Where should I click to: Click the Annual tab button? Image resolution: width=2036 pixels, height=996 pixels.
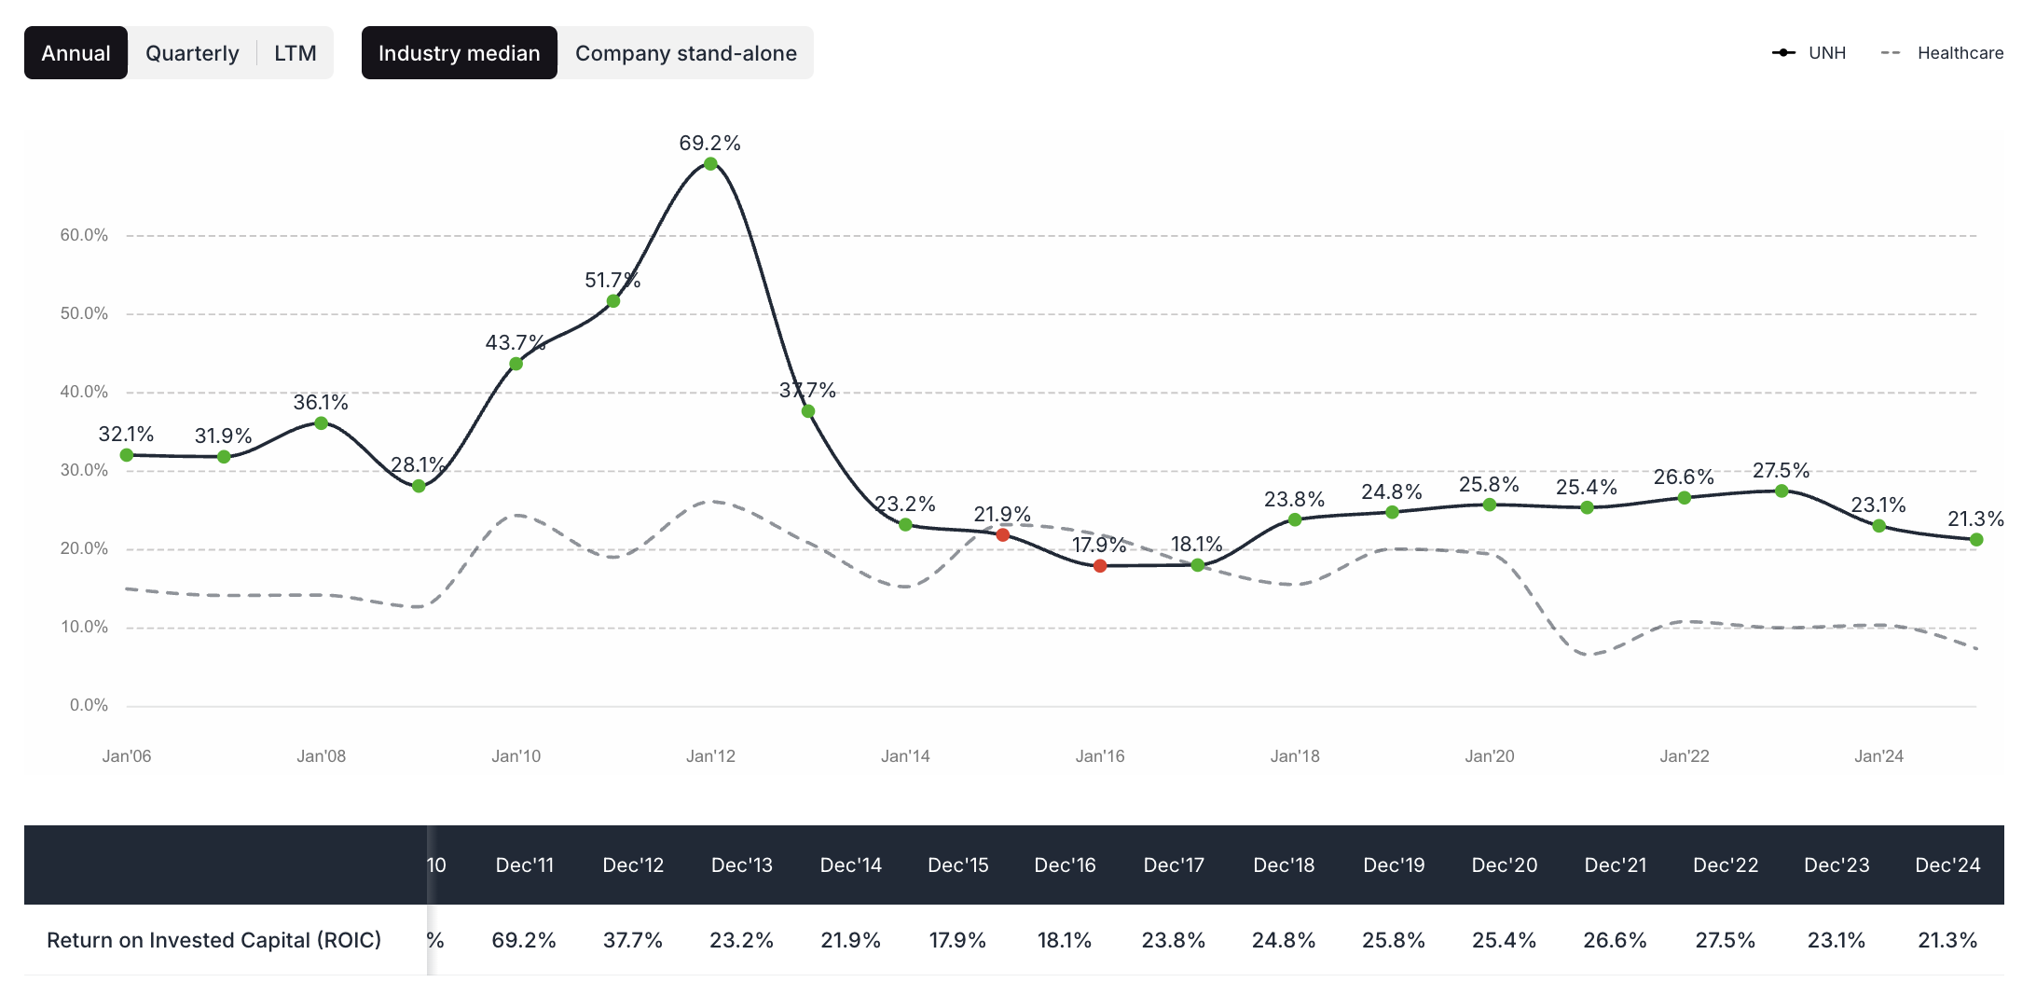click(76, 53)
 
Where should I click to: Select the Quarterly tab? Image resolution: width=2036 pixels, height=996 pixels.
click(192, 53)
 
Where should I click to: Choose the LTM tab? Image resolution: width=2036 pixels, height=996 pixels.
click(295, 53)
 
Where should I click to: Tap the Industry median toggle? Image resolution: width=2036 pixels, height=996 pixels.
click(459, 53)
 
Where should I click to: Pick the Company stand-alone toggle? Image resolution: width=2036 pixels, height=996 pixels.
click(685, 53)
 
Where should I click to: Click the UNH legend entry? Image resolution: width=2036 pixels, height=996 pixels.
click(1809, 53)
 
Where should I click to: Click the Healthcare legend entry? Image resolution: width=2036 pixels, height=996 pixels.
click(1943, 53)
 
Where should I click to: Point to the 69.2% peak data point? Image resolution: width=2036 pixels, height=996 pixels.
click(710, 164)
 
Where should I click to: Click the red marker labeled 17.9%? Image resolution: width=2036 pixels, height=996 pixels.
click(1100, 566)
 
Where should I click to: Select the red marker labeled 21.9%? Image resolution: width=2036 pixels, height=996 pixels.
click(1003, 535)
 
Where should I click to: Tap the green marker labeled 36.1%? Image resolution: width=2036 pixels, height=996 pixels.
click(321, 423)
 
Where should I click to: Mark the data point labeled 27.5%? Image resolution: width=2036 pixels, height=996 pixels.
click(1781, 491)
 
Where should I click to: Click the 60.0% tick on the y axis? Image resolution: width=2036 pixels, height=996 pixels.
click(84, 235)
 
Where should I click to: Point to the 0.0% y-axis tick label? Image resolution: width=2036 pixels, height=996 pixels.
click(89, 705)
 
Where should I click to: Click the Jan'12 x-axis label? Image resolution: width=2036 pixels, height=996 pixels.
click(710, 756)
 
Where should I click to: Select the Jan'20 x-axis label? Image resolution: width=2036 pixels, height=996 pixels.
click(1489, 756)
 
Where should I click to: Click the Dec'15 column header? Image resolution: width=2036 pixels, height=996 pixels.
click(957, 865)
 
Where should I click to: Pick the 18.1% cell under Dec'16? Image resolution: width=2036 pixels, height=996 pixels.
click(1065, 940)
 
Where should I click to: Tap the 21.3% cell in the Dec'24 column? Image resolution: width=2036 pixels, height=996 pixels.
click(1947, 940)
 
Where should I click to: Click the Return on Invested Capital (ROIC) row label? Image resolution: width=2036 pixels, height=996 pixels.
click(213, 940)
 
